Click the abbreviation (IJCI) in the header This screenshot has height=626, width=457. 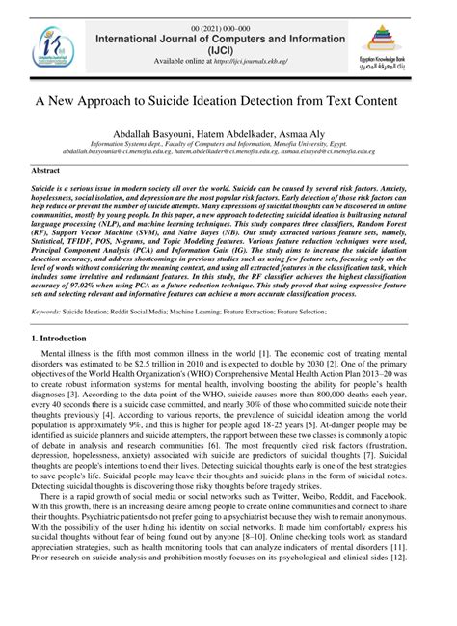coord(227,44)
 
